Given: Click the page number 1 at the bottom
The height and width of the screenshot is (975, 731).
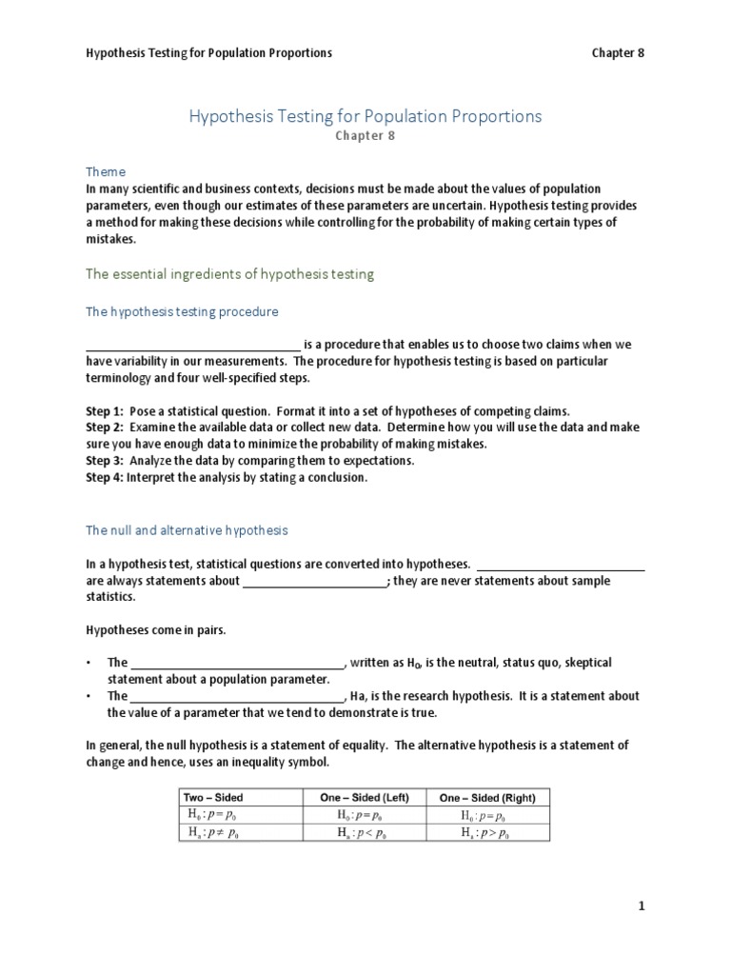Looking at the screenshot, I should coord(642,907).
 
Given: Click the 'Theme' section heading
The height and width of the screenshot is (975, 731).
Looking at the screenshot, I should coord(106,171).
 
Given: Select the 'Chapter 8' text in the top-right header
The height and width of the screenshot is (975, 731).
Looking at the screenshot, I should coord(618,53).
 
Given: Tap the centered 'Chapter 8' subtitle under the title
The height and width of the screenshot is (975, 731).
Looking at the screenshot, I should coord(365,136).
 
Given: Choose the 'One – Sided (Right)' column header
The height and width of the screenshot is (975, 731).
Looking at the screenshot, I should coord(487,797).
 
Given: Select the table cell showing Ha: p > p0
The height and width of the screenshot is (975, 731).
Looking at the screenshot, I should coord(487,832).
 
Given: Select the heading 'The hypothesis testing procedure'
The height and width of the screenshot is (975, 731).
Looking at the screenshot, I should coord(182,311).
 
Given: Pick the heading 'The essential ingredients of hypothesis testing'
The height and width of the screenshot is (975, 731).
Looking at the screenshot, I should coord(229,274).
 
